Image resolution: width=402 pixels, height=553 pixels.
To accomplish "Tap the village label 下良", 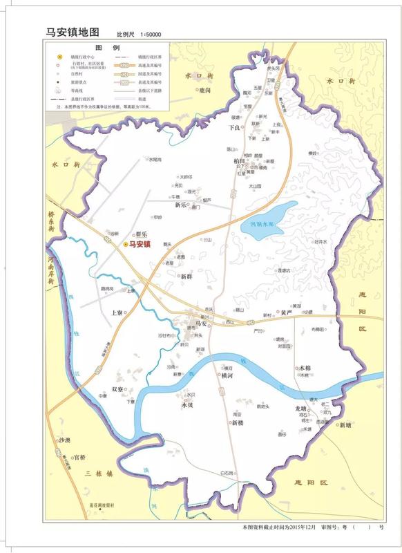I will (x=235, y=128).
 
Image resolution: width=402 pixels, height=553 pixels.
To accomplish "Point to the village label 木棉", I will (x=303, y=368).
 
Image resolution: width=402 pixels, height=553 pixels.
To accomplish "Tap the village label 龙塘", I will (x=291, y=409).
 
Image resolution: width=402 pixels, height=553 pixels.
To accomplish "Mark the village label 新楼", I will (x=238, y=422).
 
